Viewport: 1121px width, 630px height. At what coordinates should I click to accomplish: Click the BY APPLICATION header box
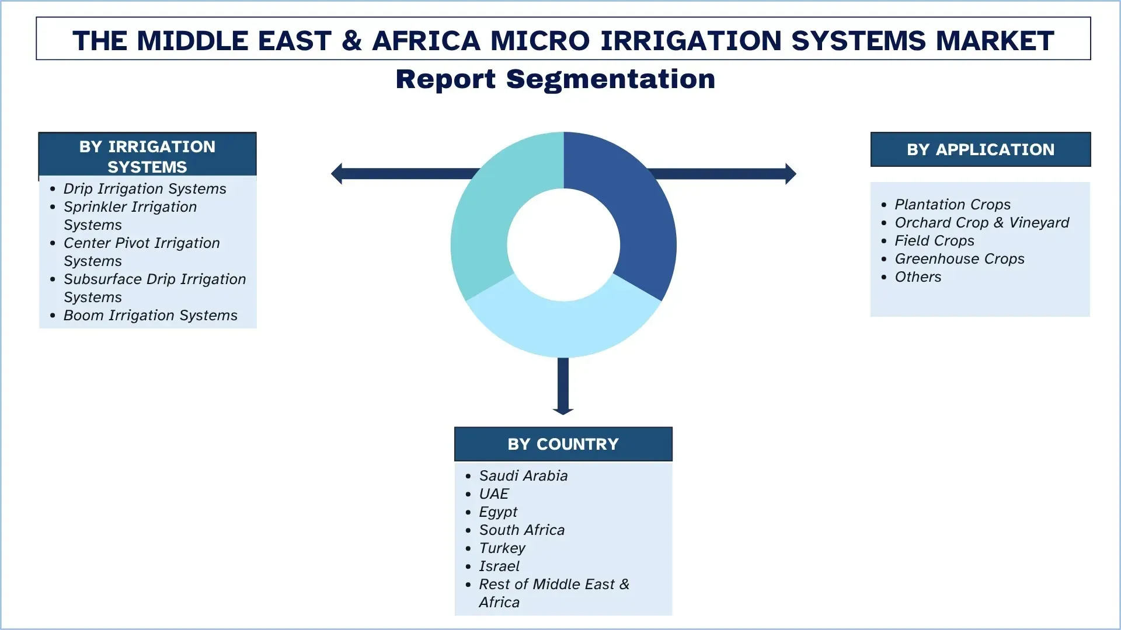(x=980, y=149)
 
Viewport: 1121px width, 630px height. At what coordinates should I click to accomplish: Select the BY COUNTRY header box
(x=563, y=444)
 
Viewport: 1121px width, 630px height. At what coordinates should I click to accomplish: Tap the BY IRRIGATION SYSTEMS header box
(x=147, y=155)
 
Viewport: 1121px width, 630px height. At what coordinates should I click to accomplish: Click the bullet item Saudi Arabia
(x=523, y=475)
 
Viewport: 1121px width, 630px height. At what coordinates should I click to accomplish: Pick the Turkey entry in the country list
(x=502, y=548)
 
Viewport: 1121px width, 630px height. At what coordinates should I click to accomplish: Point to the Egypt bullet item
(x=498, y=512)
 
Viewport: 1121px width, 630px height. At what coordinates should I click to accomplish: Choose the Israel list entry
(x=499, y=566)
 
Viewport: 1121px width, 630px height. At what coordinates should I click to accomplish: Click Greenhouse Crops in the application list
(x=959, y=258)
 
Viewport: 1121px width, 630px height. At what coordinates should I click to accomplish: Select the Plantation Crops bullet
(x=952, y=204)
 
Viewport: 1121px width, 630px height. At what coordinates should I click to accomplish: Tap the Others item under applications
(x=918, y=276)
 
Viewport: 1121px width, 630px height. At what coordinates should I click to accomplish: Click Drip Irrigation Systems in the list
(x=145, y=188)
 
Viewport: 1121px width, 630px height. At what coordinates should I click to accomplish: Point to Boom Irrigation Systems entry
(x=150, y=315)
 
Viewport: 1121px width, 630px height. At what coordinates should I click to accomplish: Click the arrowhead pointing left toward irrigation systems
(x=337, y=173)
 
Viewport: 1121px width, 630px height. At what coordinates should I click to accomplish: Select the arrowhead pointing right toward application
(x=791, y=173)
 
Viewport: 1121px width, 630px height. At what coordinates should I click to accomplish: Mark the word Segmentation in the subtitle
(x=610, y=79)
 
